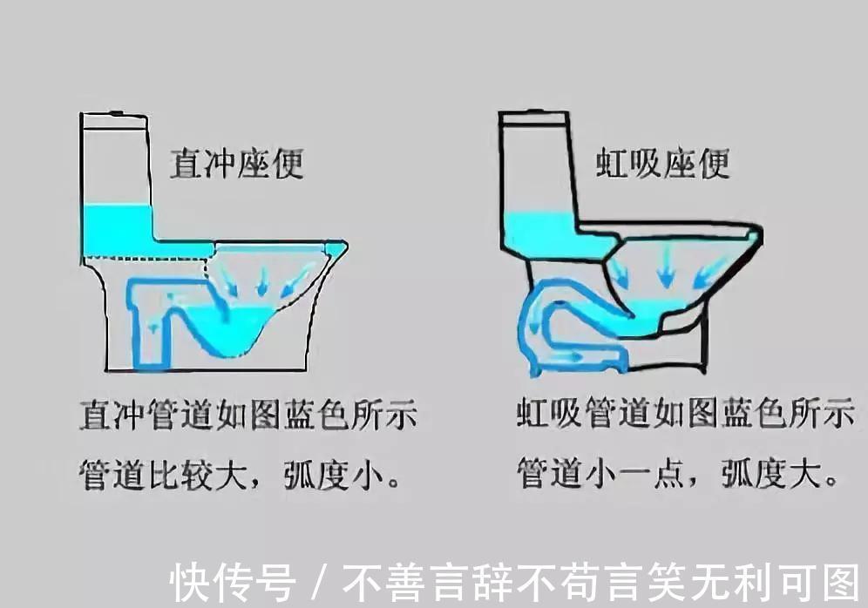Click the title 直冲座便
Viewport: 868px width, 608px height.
[x=236, y=163]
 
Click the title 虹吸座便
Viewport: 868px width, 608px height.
[x=662, y=163]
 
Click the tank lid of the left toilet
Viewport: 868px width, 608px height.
[x=116, y=116]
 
